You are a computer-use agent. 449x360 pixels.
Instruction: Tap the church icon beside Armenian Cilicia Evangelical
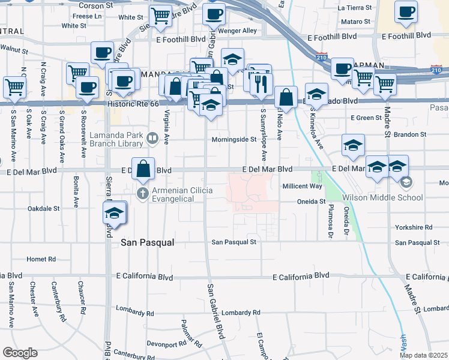point(142,193)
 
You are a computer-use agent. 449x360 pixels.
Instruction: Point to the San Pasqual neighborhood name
point(147,242)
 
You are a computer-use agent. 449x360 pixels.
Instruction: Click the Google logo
point(20,352)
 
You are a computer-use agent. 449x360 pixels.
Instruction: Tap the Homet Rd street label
point(41,259)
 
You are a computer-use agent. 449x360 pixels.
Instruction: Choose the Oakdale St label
point(43,208)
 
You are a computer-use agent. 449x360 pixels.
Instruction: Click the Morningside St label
point(234,140)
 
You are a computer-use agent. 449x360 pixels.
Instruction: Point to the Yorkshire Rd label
point(414,228)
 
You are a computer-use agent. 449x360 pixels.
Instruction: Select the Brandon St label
point(410,134)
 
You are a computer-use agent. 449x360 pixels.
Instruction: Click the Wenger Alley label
point(241,31)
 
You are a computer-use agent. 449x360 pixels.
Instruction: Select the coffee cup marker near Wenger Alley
point(213,14)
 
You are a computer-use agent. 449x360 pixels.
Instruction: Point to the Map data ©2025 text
point(424,355)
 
